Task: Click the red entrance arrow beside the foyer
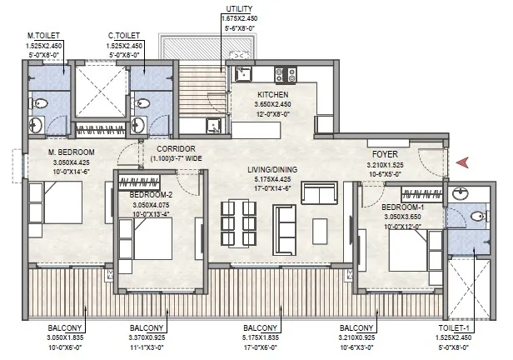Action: click(463, 162)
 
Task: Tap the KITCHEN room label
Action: click(273, 95)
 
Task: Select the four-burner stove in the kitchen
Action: click(286, 75)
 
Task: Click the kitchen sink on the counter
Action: click(243, 73)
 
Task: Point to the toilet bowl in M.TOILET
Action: click(38, 103)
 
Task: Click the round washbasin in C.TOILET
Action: click(139, 125)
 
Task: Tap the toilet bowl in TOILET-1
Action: click(481, 216)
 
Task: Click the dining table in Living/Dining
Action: click(238, 222)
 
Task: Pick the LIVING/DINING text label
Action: click(272, 169)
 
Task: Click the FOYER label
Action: click(385, 154)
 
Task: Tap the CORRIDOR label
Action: click(176, 149)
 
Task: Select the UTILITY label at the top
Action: click(239, 9)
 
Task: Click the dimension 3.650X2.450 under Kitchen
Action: click(273, 104)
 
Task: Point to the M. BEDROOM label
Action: click(72, 152)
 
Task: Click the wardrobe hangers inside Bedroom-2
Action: click(139, 182)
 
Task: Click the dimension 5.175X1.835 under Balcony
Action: click(261, 337)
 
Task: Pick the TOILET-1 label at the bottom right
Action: click(454, 328)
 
